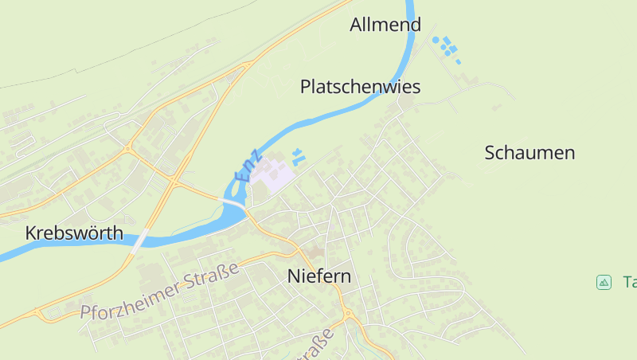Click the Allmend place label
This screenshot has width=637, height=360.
tap(385, 25)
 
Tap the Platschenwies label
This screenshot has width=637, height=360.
tap(360, 87)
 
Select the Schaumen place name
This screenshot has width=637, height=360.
tap(530, 153)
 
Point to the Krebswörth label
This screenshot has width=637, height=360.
tap(74, 233)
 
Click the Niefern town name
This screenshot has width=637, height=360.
tap(318, 276)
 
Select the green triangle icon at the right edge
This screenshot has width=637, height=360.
tap(604, 281)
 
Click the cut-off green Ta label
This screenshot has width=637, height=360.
tap(629, 281)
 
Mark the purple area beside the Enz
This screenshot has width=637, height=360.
tap(272, 174)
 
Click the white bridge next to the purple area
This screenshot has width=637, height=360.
tap(234, 205)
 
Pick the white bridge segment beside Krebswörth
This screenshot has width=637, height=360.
tap(140, 239)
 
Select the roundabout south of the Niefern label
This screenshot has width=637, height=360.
tap(348, 314)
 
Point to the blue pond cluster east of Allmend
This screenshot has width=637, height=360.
tap(446, 47)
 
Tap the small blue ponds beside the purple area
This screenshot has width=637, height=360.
tap(298, 156)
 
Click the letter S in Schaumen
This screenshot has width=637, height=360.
tap(490, 153)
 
